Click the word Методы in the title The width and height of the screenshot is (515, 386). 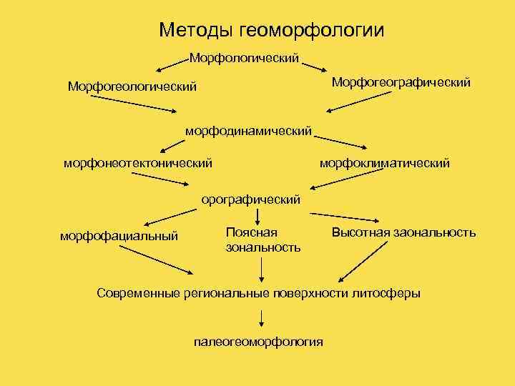(200, 30)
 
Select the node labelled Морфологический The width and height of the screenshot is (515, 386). (244, 56)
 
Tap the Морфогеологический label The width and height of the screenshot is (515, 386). (132, 86)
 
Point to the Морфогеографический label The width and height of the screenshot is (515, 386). (401, 83)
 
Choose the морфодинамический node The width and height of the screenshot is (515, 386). (248, 131)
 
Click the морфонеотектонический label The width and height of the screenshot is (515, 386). (138, 164)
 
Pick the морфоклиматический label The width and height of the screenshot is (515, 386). (384, 164)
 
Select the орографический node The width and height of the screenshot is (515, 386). (250, 199)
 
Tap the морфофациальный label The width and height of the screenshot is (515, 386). (119, 236)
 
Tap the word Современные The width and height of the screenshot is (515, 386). (140, 293)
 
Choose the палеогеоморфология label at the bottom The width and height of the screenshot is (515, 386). (258, 342)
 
